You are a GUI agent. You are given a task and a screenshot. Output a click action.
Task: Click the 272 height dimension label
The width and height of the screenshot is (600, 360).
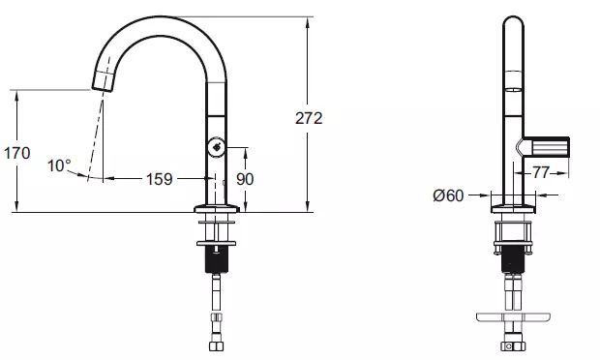coord(309,118)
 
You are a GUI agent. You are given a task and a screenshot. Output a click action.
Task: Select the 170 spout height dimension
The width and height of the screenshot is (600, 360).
coord(16,153)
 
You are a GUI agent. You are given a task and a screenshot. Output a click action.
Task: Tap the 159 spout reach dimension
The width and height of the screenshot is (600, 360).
coord(159,179)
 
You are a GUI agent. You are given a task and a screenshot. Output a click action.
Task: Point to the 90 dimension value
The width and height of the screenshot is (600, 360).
coord(245,179)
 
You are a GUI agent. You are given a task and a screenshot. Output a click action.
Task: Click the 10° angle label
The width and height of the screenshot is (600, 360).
coord(59,166)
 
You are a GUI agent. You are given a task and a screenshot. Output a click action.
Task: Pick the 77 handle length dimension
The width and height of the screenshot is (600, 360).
coord(541,172)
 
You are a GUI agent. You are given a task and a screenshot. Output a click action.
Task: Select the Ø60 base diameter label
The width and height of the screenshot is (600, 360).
coord(448,195)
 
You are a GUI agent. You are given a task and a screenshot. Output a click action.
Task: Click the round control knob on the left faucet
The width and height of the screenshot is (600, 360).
coord(216,147)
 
